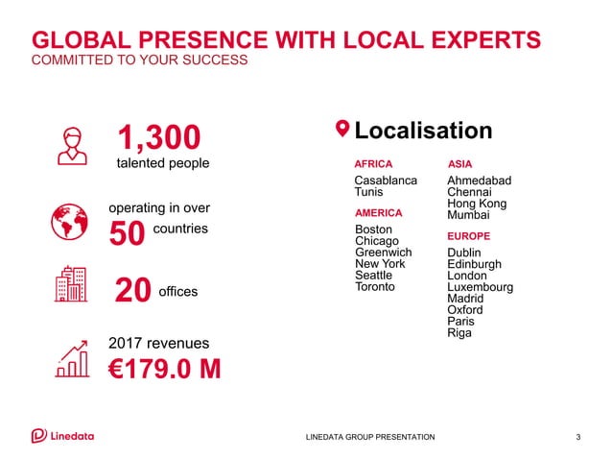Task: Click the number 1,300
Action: pyautogui.click(x=159, y=137)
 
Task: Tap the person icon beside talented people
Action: pyautogui.click(x=69, y=145)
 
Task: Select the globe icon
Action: pyautogui.click(x=68, y=222)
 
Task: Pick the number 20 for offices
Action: pyautogui.click(x=133, y=291)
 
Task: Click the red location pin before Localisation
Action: pyautogui.click(x=341, y=130)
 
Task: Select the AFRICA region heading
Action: pyautogui.click(x=373, y=164)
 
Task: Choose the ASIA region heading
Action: pyautogui.click(x=459, y=164)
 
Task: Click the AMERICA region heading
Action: pyautogui.click(x=378, y=212)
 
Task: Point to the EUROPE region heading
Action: pyautogui.click(x=468, y=235)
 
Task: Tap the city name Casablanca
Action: pyautogui.click(x=386, y=181)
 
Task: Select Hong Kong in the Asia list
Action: pyautogui.click(x=477, y=204)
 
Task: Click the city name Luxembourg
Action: pyautogui.click(x=480, y=287)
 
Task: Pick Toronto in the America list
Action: pyautogui.click(x=375, y=286)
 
